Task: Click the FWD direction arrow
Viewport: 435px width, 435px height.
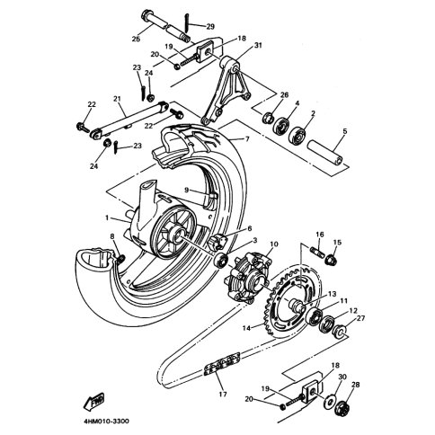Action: tap(93, 402)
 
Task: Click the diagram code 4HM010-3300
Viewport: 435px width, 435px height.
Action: tap(107, 422)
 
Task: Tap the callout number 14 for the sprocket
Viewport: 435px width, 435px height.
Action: tap(246, 328)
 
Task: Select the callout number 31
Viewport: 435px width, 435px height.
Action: tap(258, 46)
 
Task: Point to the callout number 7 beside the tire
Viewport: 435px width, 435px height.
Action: tap(247, 139)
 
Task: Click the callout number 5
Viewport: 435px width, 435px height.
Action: tap(345, 131)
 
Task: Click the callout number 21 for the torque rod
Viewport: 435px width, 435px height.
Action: tap(117, 98)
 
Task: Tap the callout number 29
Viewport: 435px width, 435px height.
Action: tap(210, 27)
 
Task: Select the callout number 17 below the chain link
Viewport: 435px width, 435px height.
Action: tap(223, 395)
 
